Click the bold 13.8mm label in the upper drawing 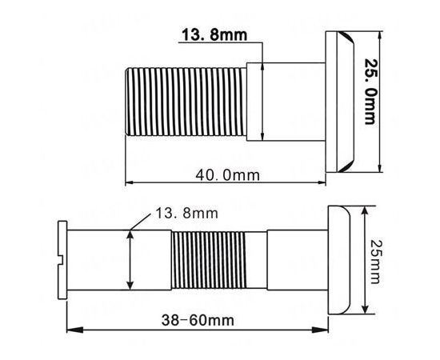coord(214,34)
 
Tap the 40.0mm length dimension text coord(227,175)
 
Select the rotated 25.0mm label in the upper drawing coord(370,91)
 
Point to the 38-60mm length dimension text coord(198,320)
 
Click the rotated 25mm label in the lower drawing coord(375,262)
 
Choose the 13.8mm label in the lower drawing coord(186,214)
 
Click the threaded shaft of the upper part coord(186,102)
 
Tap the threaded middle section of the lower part coord(209,260)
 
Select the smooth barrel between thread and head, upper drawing coord(286,102)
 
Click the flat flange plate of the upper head coord(331,102)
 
